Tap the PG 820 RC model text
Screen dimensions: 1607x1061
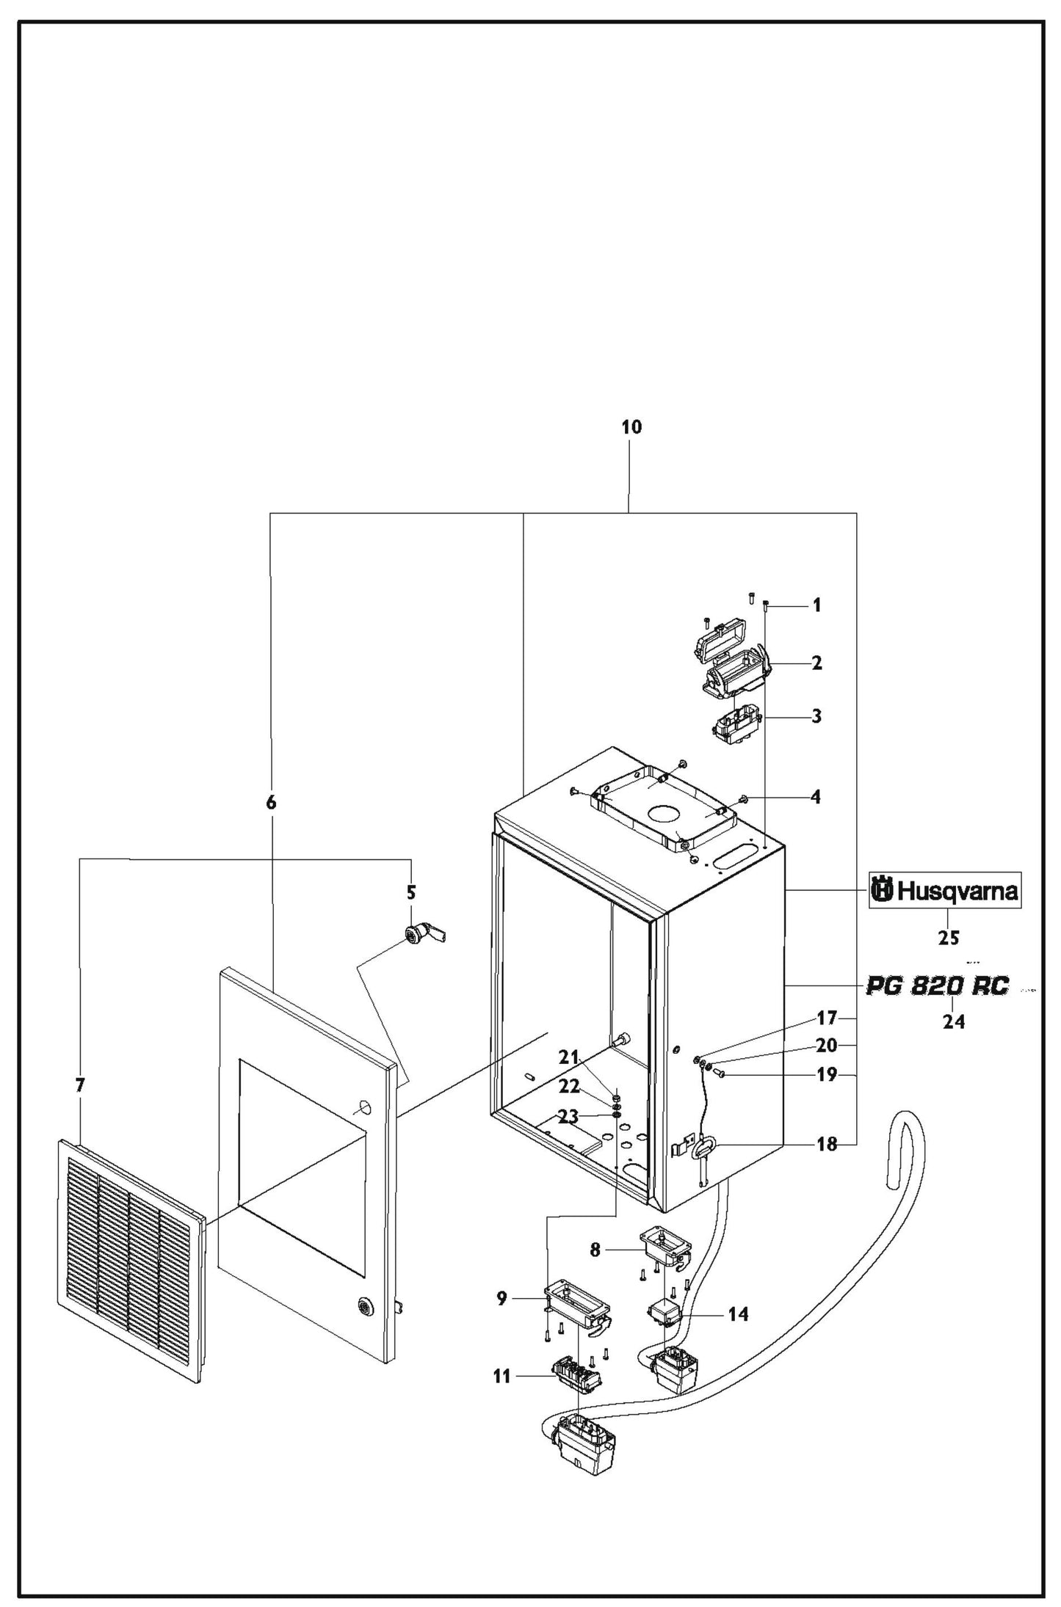click(938, 985)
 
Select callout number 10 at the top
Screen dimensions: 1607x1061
click(631, 427)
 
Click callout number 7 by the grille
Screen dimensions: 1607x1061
click(80, 1085)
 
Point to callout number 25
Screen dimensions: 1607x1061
click(949, 937)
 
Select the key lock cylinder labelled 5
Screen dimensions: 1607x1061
click(420, 933)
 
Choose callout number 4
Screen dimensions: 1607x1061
click(816, 797)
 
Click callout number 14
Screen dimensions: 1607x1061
click(738, 1314)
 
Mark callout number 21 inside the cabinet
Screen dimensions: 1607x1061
click(569, 1057)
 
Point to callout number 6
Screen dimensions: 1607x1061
click(271, 803)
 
